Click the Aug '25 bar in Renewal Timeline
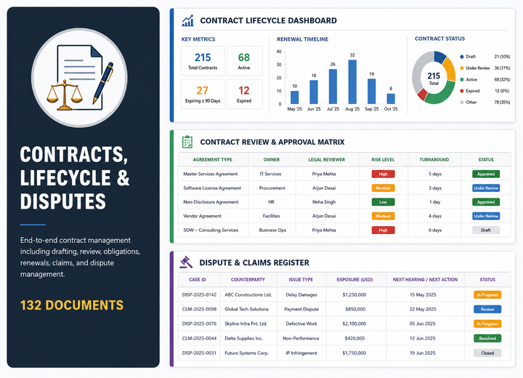[x=352, y=82]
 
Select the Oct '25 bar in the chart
[x=391, y=99]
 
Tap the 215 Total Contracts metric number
[x=203, y=57]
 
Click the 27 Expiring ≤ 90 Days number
[x=203, y=90]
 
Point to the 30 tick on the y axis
[x=279, y=65]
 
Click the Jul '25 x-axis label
[x=333, y=109]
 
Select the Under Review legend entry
[x=478, y=68]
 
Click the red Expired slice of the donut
[x=422, y=94]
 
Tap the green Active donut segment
[x=441, y=94]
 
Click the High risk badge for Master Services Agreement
[x=383, y=174]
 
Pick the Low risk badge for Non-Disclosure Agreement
[x=383, y=202]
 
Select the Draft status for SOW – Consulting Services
[x=486, y=230]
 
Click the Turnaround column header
[x=434, y=160]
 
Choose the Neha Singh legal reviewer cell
[x=324, y=202]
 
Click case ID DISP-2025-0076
[x=199, y=323]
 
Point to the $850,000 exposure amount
[x=355, y=309]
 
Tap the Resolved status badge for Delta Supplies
[x=487, y=338]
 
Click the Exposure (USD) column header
[x=354, y=279]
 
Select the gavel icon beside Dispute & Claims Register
[x=186, y=262]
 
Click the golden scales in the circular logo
[x=65, y=95]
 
